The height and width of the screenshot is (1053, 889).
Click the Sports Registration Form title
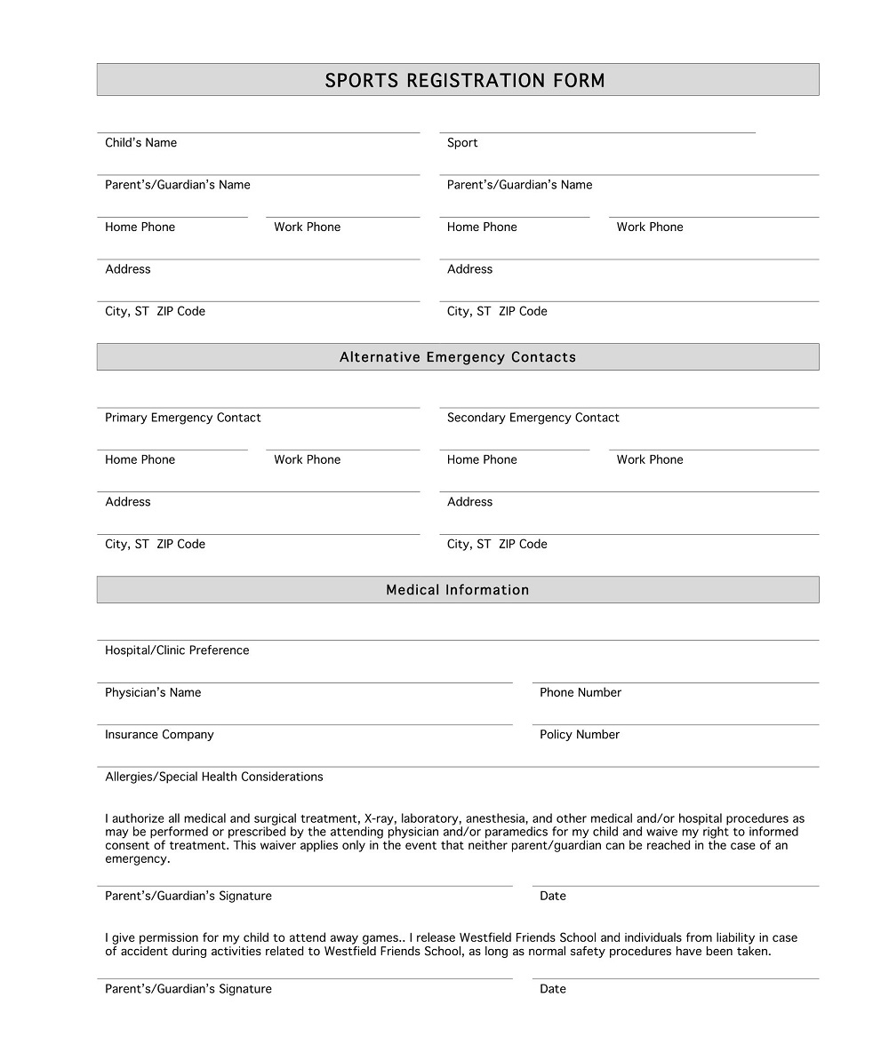tap(464, 81)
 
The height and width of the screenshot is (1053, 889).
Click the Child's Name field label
tap(140, 143)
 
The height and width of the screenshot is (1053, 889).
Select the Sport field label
tap(462, 143)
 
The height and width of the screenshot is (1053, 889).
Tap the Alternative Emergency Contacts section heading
tap(458, 357)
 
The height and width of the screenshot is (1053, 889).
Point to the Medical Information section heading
tap(458, 590)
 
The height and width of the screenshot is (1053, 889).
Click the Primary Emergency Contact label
tap(183, 418)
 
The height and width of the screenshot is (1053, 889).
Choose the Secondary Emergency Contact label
tap(533, 418)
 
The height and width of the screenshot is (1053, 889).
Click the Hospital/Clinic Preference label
tap(177, 650)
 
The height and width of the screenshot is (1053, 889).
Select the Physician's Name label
tap(153, 693)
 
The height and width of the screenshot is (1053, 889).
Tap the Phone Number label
tap(581, 693)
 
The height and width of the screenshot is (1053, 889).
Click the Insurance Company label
tap(159, 735)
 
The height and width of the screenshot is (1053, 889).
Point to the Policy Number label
tap(580, 735)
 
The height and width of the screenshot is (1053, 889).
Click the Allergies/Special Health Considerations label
tap(214, 777)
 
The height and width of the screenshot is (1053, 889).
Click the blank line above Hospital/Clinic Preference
tap(458, 639)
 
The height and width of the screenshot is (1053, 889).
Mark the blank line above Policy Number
tap(676, 723)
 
